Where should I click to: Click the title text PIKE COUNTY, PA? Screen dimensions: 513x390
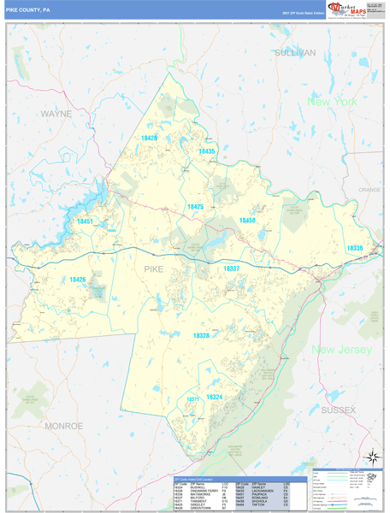(29, 10)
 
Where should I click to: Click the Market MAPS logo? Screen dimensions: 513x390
(346, 9)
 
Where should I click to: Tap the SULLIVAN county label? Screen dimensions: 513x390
(295, 52)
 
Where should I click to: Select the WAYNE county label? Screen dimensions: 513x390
(56, 113)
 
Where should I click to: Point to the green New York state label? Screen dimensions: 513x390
(332, 102)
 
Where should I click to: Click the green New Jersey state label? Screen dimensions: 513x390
(341, 350)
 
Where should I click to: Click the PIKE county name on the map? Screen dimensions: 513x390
(153, 269)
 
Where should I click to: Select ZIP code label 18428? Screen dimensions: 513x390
(150, 138)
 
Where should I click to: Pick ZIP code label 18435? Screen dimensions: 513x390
(207, 151)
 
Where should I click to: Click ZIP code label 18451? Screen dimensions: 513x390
(85, 221)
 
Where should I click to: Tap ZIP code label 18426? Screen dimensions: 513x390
(78, 280)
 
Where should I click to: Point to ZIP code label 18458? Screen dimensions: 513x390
(247, 221)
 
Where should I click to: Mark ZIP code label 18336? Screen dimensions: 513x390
(355, 248)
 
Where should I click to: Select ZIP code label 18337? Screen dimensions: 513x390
(232, 268)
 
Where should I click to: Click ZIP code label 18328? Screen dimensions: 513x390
(201, 336)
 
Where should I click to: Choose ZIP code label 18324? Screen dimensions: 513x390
(215, 397)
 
